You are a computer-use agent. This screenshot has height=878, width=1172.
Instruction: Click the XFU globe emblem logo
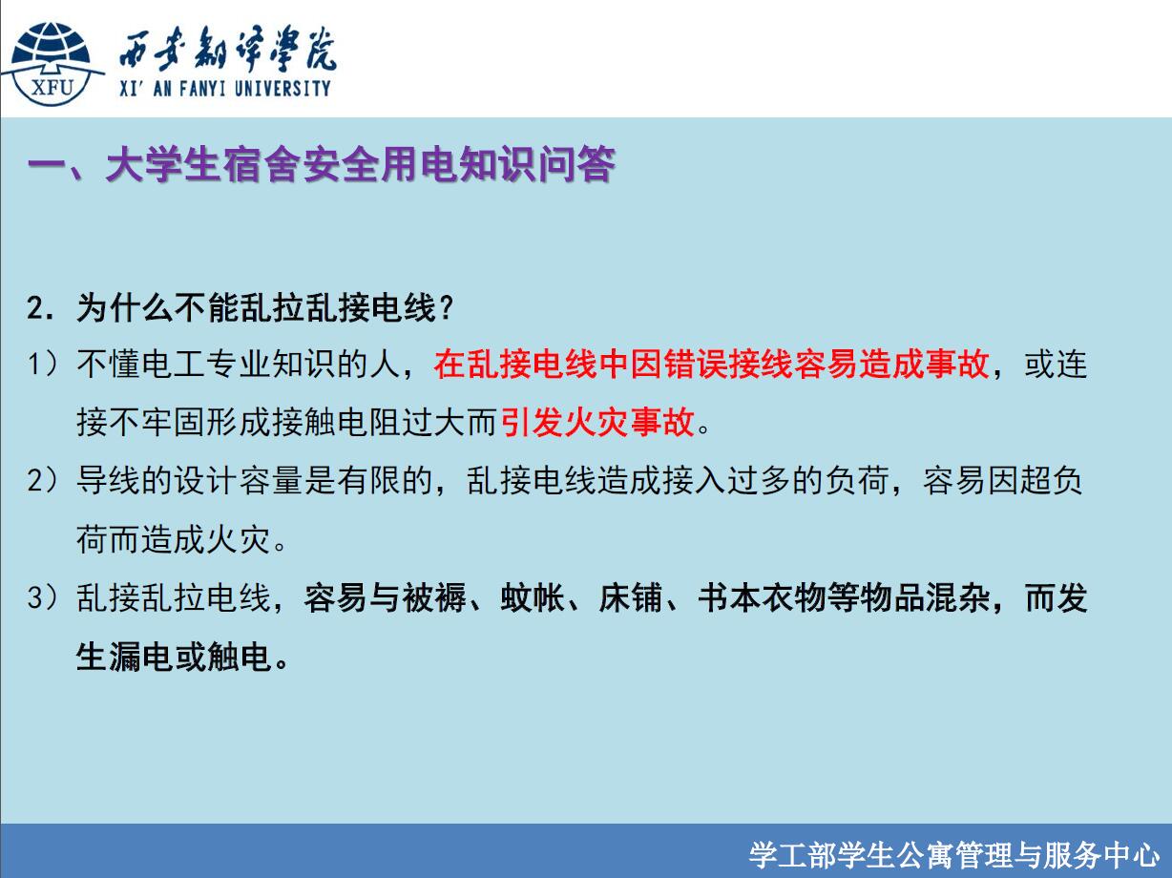[52, 64]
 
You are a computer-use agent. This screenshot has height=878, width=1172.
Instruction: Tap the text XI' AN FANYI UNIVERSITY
[225, 89]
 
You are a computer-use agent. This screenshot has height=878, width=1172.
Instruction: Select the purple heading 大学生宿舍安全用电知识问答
[361, 164]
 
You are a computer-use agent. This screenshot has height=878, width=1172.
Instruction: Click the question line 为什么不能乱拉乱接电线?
[265, 308]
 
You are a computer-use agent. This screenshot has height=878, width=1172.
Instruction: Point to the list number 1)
[42, 365]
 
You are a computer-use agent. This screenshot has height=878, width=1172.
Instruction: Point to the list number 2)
[42, 480]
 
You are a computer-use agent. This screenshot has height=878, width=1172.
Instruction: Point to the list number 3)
[42, 597]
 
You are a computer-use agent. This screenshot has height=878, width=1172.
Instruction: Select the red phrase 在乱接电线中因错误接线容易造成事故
[712, 365]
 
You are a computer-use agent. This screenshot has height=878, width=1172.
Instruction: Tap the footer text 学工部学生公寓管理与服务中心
[954, 856]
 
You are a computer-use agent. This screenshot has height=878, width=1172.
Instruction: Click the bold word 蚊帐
[533, 597]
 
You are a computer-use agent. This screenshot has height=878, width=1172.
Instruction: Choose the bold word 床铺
[631, 597]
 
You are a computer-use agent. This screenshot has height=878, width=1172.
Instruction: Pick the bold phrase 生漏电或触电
[174, 657]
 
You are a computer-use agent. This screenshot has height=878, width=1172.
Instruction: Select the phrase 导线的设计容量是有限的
[254, 480]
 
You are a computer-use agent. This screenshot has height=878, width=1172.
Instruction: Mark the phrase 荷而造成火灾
[174, 539]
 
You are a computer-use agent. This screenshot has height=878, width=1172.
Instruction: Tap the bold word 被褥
[434, 597]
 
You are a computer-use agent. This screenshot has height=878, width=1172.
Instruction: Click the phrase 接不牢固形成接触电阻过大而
[286, 422]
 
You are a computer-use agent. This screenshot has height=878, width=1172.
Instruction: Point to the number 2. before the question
[41, 308]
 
